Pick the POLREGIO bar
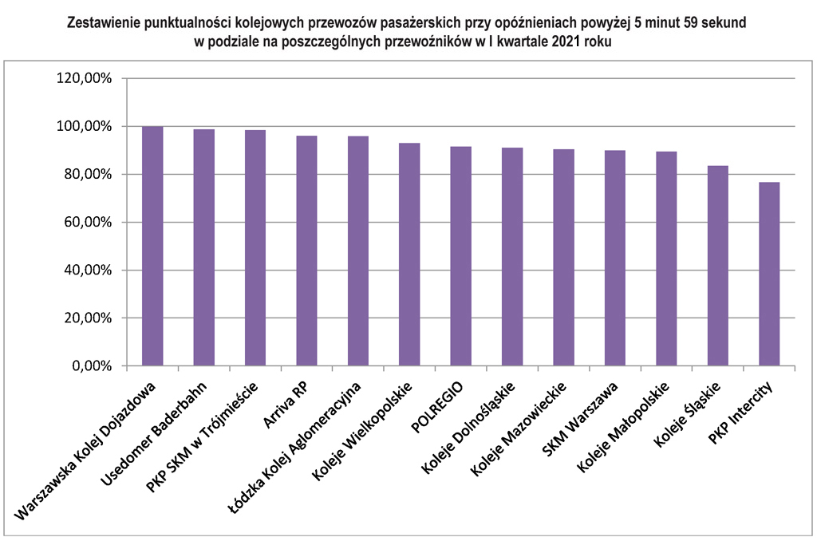[x=460, y=256]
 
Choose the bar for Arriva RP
[x=306, y=251]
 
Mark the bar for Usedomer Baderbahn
[x=203, y=247]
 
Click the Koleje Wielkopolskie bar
[x=409, y=255]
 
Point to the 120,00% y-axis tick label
[x=84, y=78]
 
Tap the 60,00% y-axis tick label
[x=87, y=223]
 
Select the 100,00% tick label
[x=84, y=126]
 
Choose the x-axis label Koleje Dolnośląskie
[x=467, y=432]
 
